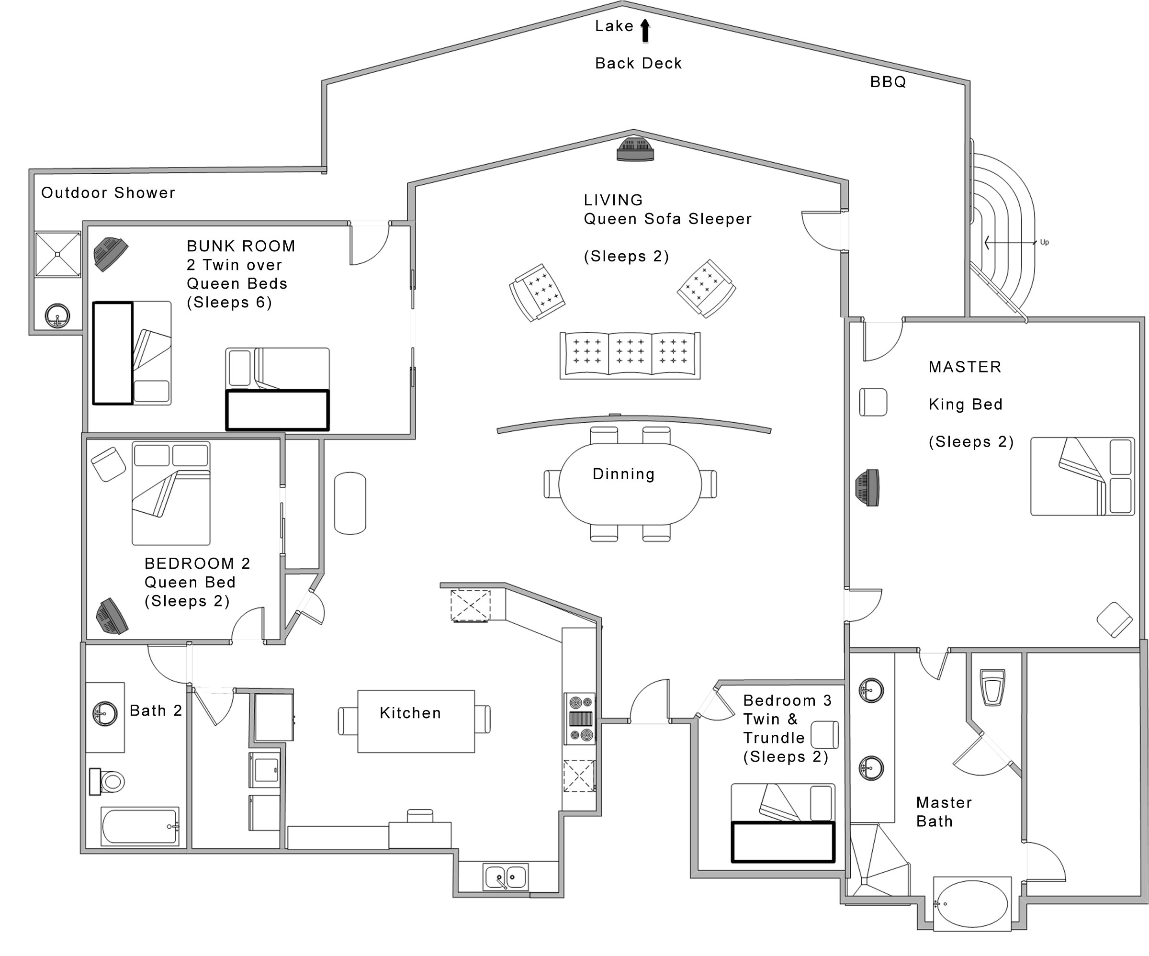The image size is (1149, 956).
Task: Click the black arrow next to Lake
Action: click(x=645, y=31)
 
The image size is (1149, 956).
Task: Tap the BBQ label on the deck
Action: click(x=888, y=82)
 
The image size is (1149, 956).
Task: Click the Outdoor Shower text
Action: click(x=108, y=192)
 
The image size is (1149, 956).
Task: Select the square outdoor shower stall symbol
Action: click(x=58, y=255)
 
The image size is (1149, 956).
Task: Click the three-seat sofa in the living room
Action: click(x=630, y=355)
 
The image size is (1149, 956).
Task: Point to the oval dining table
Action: click(x=630, y=484)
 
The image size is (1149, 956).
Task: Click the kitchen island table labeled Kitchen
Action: click(x=416, y=721)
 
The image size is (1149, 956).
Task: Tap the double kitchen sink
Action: click(x=506, y=877)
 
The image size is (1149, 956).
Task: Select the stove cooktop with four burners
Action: click(x=581, y=719)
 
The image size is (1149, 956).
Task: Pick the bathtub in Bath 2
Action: click(x=140, y=826)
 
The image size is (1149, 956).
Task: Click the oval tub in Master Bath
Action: click(x=971, y=904)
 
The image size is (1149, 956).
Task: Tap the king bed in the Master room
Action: click(x=1081, y=476)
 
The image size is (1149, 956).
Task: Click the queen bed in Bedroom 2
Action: click(x=171, y=493)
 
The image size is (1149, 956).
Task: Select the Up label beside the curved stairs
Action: click(x=1044, y=242)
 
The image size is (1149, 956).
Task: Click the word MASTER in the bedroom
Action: click(x=965, y=367)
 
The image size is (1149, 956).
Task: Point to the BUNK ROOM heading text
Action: click(x=241, y=246)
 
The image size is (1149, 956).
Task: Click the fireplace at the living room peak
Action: click(x=635, y=150)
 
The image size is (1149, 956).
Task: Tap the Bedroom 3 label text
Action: click(x=787, y=700)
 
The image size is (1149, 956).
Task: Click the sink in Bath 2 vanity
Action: click(x=104, y=714)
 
